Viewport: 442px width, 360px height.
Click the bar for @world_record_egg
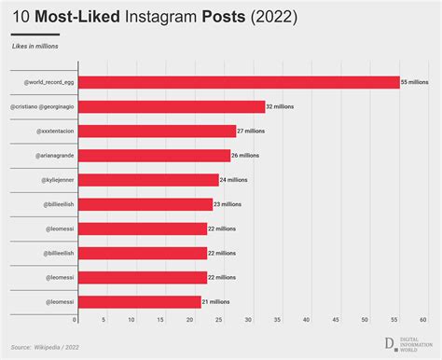point(238,82)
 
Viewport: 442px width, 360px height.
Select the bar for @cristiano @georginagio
point(171,106)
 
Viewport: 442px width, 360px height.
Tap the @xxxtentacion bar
point(156,131)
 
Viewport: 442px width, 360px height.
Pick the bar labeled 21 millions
point(139,301)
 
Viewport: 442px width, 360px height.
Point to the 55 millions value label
point(416,82)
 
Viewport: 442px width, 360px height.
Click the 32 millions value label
point(281,106)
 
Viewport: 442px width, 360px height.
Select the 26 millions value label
point(246,155)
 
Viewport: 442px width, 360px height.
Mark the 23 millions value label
point(228,203)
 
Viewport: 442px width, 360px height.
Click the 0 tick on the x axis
point(76,319)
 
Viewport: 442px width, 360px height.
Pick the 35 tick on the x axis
point(279,319)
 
